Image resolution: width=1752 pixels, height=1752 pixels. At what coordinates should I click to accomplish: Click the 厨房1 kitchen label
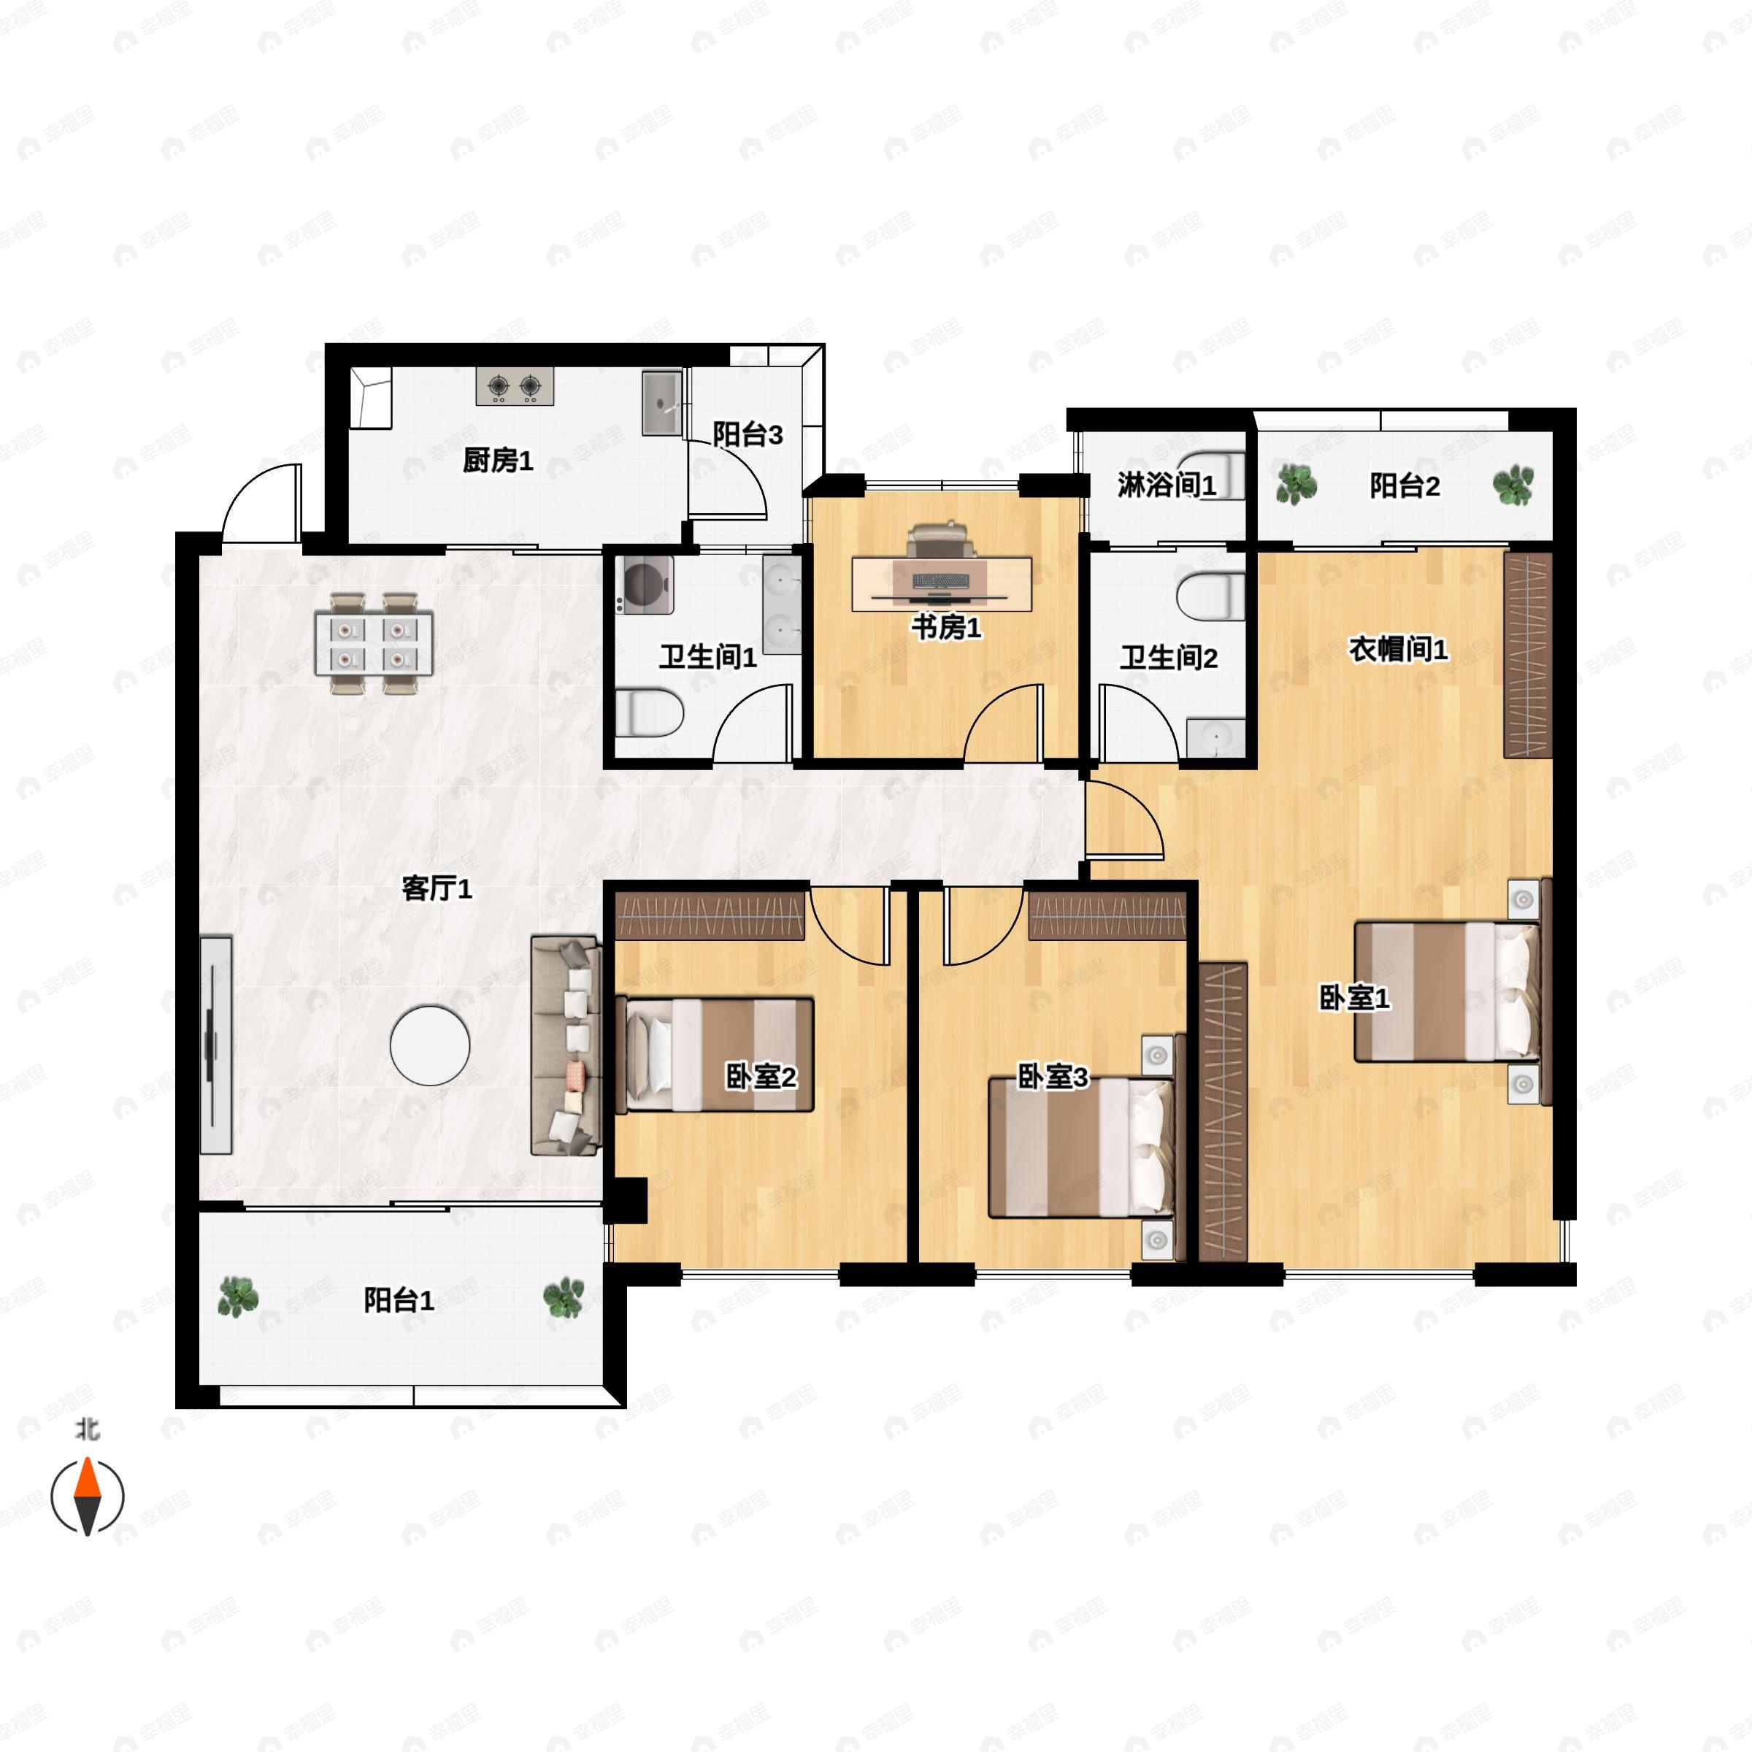pyautogui.click(x=498, y=461)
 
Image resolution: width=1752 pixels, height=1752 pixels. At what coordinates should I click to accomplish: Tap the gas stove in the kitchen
pyautogui.click(x=514, y=387)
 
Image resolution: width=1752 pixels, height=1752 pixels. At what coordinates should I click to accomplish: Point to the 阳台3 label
pyautogui.click(x=748, y=434)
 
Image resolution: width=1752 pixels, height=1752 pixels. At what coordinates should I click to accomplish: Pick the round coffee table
pyautogui.click(x=430, y=1045)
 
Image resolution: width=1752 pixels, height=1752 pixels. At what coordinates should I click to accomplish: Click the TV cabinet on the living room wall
pyautogui.click(x=216, y=1045)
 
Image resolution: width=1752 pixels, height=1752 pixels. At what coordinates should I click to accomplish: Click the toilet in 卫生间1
pyautogui.click(x=648, y=712)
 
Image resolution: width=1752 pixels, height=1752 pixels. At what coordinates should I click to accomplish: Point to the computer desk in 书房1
pyautogui.click(x=941, y=583)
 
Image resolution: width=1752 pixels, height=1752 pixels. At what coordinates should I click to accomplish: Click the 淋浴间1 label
pyautogui.click(x=1167, y=486)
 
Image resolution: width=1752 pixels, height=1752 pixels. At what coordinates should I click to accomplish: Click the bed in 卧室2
pyautogui.click(x=715, y=1055)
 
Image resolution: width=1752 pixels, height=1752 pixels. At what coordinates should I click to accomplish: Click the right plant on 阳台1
pyautogui.click(x=563, y=1298)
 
